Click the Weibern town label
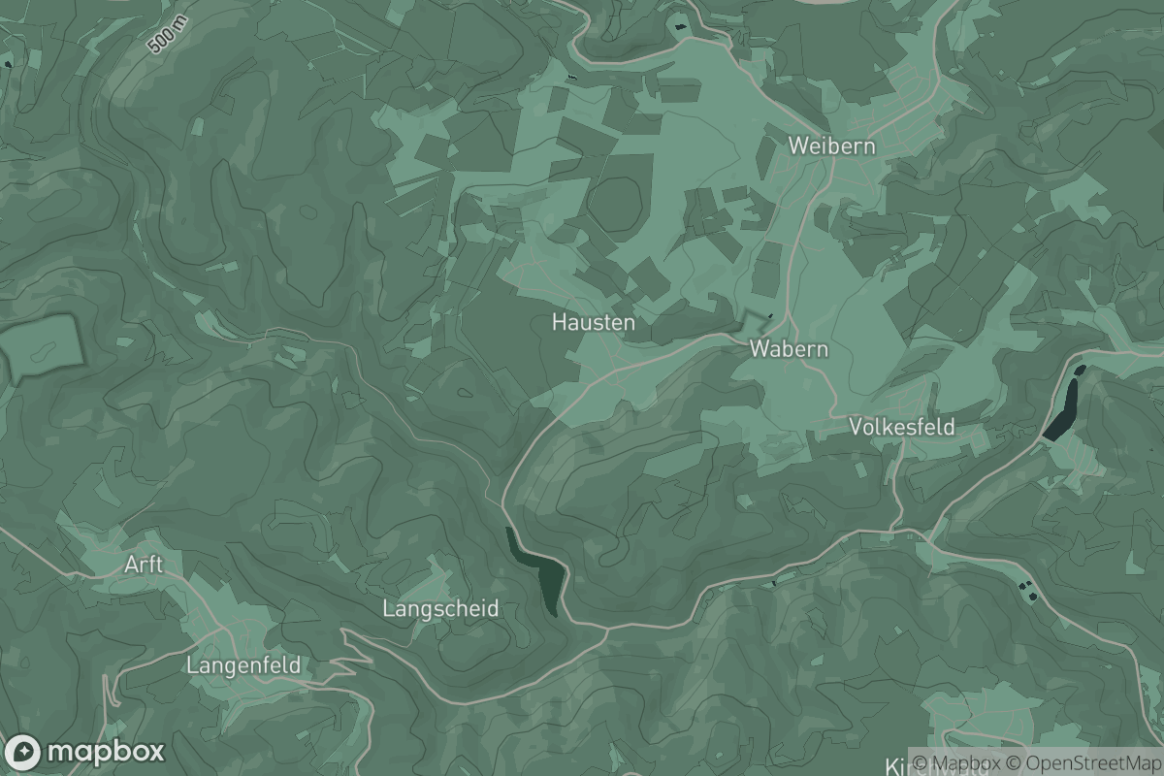831,146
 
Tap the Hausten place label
594,321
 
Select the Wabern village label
789,349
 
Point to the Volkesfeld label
901,427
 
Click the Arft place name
144,565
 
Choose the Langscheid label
440,609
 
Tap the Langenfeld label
242,665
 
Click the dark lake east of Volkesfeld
1063,404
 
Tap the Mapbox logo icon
23,752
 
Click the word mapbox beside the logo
105,753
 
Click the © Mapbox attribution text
957,763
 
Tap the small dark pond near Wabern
770,315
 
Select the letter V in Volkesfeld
855,427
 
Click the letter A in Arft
131,565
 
